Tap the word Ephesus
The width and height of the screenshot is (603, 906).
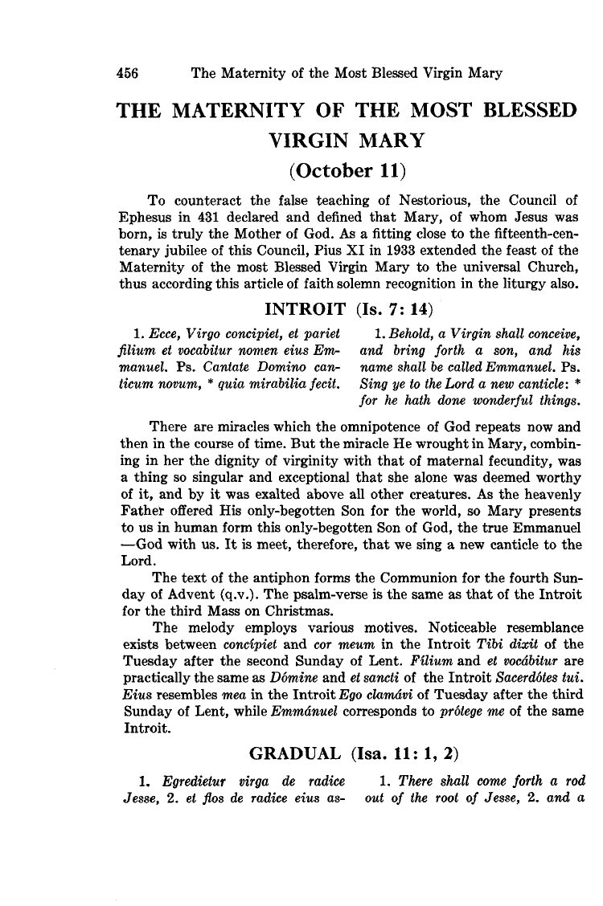pyautogui.click(x=146, y=215)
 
